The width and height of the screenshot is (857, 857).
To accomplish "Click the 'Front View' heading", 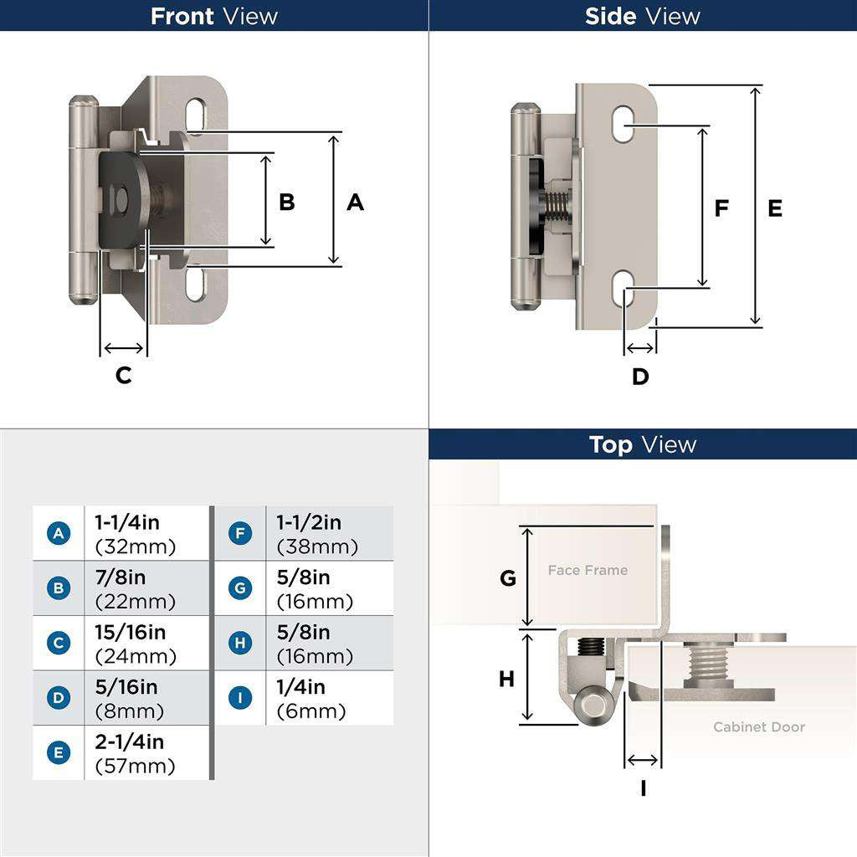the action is (213, 16).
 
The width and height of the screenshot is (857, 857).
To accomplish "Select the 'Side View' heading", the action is (642, 16).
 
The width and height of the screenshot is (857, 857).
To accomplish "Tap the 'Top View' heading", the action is (642, 444).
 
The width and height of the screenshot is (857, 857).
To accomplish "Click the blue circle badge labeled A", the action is (59, 533).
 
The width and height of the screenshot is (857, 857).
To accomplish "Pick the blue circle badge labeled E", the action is (59, 752).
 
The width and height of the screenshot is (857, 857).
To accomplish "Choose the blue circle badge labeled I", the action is (240, 698).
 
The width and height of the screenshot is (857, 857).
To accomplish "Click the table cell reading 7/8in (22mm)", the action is (136, 588).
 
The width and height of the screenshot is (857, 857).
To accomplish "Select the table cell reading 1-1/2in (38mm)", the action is (317, 533).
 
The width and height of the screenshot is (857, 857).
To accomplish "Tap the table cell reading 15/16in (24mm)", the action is (136, 644).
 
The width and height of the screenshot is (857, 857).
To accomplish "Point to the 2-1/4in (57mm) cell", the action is (136, 753).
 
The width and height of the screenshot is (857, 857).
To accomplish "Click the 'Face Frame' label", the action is (588, 570).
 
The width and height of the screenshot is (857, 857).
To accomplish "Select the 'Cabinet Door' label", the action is (759, 727).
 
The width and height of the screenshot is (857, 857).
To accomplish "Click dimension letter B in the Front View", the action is (287, 202).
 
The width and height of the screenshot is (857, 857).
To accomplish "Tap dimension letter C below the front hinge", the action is (124, 376).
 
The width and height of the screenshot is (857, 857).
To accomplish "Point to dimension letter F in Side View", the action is (721, 208).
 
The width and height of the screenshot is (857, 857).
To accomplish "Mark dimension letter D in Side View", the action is (640, 377).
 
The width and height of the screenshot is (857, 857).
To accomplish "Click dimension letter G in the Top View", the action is (508, 577).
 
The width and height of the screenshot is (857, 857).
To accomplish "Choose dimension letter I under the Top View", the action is (644, 788).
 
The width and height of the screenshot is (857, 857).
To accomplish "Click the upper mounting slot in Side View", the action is (623, 125).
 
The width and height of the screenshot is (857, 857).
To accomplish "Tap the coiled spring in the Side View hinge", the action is (557, 207).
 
